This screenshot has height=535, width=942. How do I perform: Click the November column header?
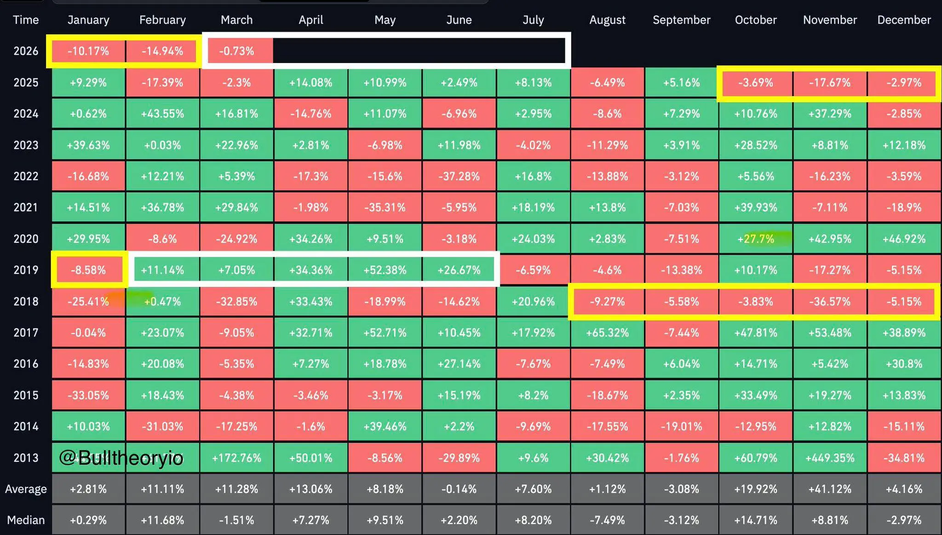coord(830,20)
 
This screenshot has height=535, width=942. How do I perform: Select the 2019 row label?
coord(26,270)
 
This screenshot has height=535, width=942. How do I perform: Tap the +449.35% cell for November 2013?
coord(830,458)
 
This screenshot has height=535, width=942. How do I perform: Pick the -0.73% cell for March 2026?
coord(237,51)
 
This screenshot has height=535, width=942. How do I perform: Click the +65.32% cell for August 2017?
coord(607,333)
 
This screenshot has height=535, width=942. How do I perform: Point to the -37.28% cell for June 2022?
coord(459,176)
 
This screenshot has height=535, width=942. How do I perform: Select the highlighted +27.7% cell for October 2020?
coord(756,239)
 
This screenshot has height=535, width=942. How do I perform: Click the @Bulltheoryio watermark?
coord(121,458)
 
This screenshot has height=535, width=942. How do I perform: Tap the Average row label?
coord(26,489)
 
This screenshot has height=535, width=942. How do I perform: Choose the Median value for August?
coord(607,520)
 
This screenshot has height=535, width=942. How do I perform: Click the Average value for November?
coord(830,489)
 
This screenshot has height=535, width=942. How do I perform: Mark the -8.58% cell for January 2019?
coord(88,270)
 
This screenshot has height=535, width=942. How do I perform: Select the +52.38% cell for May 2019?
coord(385,270)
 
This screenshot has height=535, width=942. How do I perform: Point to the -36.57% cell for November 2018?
coord(830,302)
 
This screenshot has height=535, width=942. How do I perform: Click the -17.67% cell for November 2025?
coord(830,83)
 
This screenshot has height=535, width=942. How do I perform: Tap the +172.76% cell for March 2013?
coord(237,458)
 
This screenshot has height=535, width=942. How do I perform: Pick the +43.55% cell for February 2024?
coord(162,114)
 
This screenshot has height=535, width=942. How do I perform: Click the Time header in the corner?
coord(26,20)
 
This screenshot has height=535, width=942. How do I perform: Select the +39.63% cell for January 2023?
coord(88,145)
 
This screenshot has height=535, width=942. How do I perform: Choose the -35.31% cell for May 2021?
coord(385,207)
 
